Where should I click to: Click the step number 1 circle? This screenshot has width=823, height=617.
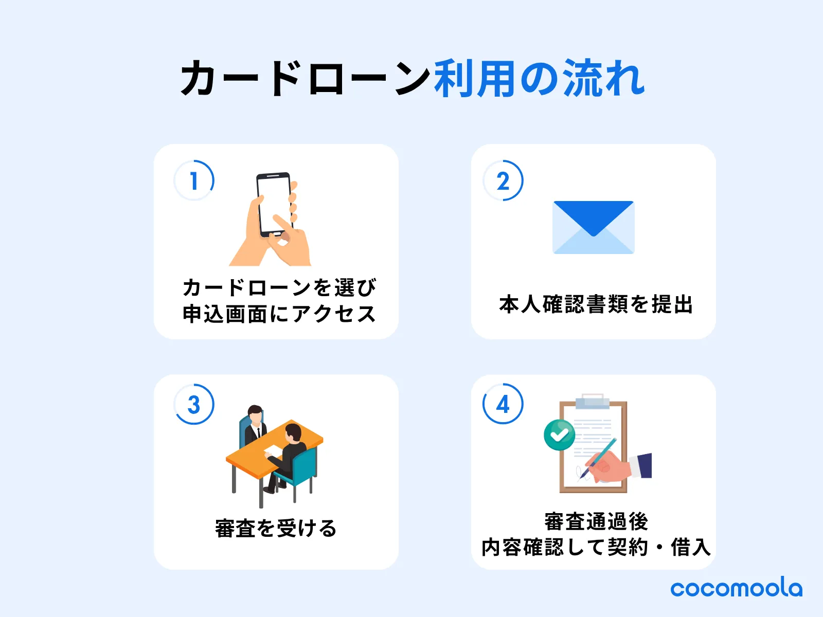coord(194,180)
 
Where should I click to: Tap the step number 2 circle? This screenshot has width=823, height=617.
coord(503,180)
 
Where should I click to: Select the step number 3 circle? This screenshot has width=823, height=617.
coord(194,404)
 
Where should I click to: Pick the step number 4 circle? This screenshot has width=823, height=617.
coord(503,404)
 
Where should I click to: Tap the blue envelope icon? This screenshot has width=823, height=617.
coord(593,227)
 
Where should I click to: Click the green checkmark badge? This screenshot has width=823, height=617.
coord(559,435)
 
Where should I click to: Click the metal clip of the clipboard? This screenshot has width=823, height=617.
coord(593,402)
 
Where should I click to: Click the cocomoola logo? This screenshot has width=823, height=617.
coord(736,588)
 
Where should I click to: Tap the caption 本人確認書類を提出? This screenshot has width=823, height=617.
coord(596,304)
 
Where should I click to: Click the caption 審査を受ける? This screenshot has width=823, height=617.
coord(276,528)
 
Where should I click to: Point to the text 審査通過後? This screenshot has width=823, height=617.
coord(596,521)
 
